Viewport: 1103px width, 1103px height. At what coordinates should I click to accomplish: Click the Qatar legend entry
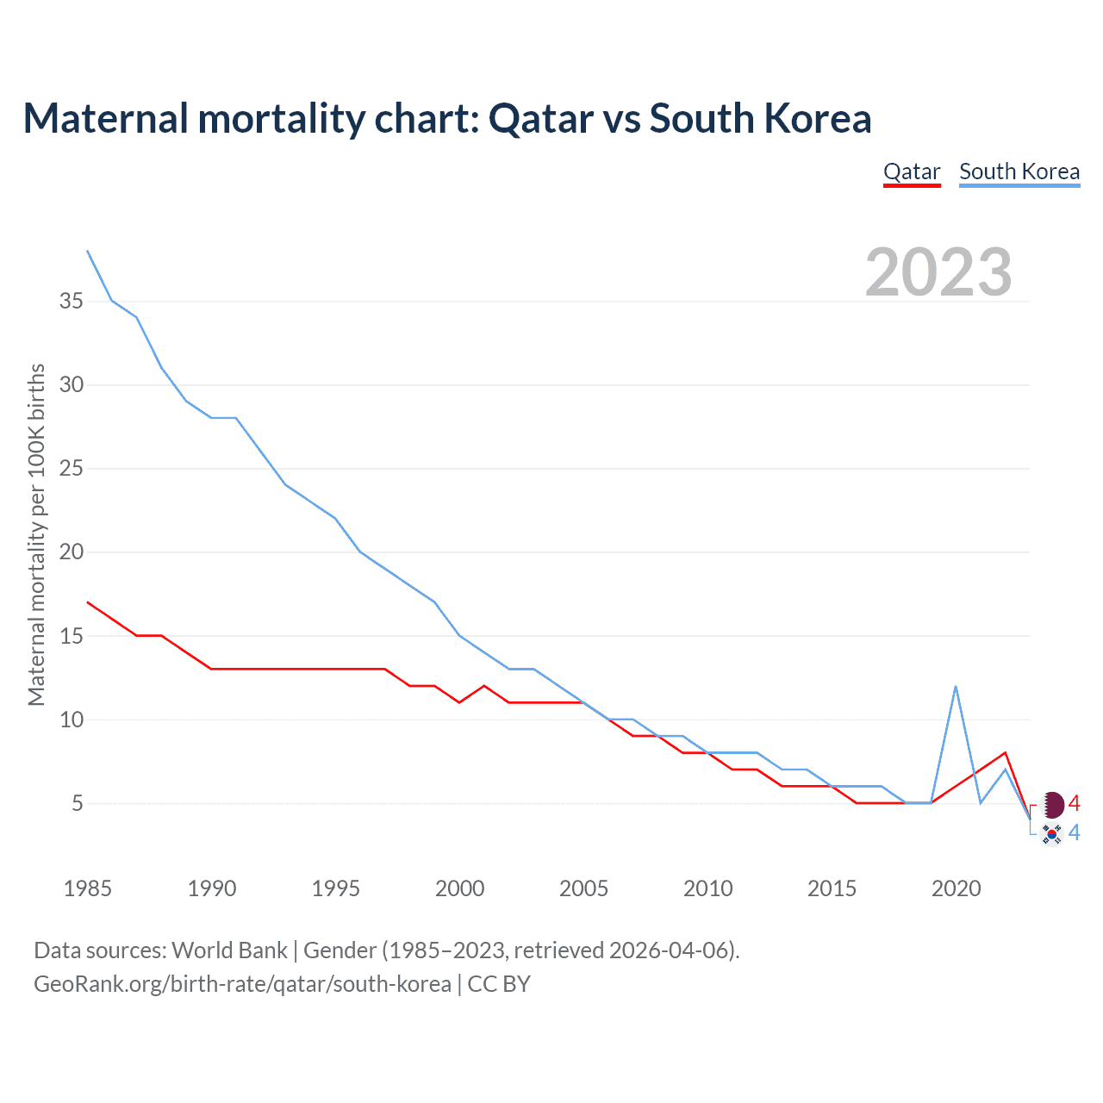click(912, 171)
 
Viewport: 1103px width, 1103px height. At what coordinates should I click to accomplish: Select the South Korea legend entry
click(1019, 171)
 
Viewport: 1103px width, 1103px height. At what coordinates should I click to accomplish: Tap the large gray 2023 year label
click(938, 272)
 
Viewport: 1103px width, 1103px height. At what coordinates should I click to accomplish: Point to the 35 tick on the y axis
click(72, 302)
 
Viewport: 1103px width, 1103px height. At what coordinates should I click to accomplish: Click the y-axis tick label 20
click(72, 552)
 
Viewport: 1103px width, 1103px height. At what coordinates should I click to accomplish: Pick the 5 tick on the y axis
click(78, 803)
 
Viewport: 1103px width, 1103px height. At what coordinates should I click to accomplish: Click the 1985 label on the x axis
click(87, 888)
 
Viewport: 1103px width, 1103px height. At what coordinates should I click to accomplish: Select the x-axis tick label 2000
click(459, 888)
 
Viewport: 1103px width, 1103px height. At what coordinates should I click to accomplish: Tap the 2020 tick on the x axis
click(956, 888)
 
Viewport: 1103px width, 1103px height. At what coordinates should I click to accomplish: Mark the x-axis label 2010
click(707, 888)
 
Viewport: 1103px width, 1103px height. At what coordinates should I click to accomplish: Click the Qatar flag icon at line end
click(1052, 805)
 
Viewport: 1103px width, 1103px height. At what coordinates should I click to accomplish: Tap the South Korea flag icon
click(1051, 834)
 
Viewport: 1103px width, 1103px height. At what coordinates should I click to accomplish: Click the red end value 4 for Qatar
click(1074, 804)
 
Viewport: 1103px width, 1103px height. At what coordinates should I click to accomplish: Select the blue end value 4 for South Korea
click(1074, 833)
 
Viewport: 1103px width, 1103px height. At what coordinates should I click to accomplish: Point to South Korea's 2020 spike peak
click(956, 687)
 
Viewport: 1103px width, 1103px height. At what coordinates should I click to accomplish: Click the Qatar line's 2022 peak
click(1005, 753)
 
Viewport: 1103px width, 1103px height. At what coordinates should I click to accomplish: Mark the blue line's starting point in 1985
click(87, 251)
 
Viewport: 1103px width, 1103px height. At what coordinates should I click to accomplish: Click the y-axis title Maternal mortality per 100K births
click(36, 534)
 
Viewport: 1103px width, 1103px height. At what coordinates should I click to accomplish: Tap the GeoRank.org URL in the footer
click(242, 984)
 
